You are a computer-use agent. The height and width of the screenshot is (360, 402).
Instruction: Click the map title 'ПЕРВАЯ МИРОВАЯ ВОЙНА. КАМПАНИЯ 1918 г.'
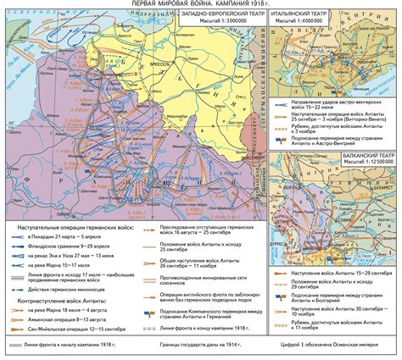pyautogui.click(x=201, y=5)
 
